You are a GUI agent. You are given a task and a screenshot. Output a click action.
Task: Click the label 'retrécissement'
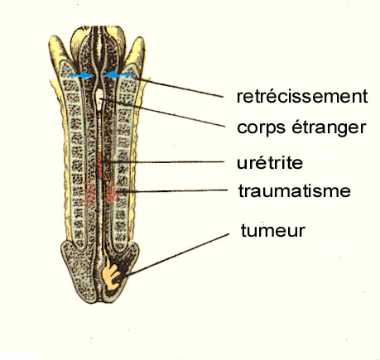pyautogui.click(x=302, y=96)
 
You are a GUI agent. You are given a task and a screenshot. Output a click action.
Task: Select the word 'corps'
pyautogui.click(x=261, y=128)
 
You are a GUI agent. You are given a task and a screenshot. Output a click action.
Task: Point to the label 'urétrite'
pyautogui.click(x=270, y=163)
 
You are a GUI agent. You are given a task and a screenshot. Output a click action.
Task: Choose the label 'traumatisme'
pyautogui.click(x=295, y=191)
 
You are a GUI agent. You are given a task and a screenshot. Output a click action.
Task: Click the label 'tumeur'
pyautogui.click(x=273, y=231)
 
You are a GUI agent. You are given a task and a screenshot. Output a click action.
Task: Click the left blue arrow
pyautogui.click(x=81, y=75)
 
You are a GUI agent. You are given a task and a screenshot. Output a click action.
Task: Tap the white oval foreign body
pyautogui.click(x=99, y=99)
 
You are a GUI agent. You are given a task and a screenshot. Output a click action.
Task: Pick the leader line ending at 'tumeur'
pyautogui.click(x=177, y=255)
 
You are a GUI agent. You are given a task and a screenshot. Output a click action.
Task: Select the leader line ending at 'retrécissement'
pyautogui.click(x=178, y=87)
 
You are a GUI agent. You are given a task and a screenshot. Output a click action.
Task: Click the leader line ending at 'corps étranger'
pyautogui.click(x=162, y=113)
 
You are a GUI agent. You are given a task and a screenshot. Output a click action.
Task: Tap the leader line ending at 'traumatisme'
pyautogui.click(x=172, y=190)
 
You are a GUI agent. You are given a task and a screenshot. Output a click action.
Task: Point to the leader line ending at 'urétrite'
pyautogui.click(x=162, y=161)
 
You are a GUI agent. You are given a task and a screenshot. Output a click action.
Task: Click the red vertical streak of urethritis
pyautogui.click(x=99, y=166)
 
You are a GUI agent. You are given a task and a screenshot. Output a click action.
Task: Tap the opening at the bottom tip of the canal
pyautogui.click(x=100, y=300)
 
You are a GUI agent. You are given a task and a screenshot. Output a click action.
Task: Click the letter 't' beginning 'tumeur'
pyautogui.click(x=243, y=231)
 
